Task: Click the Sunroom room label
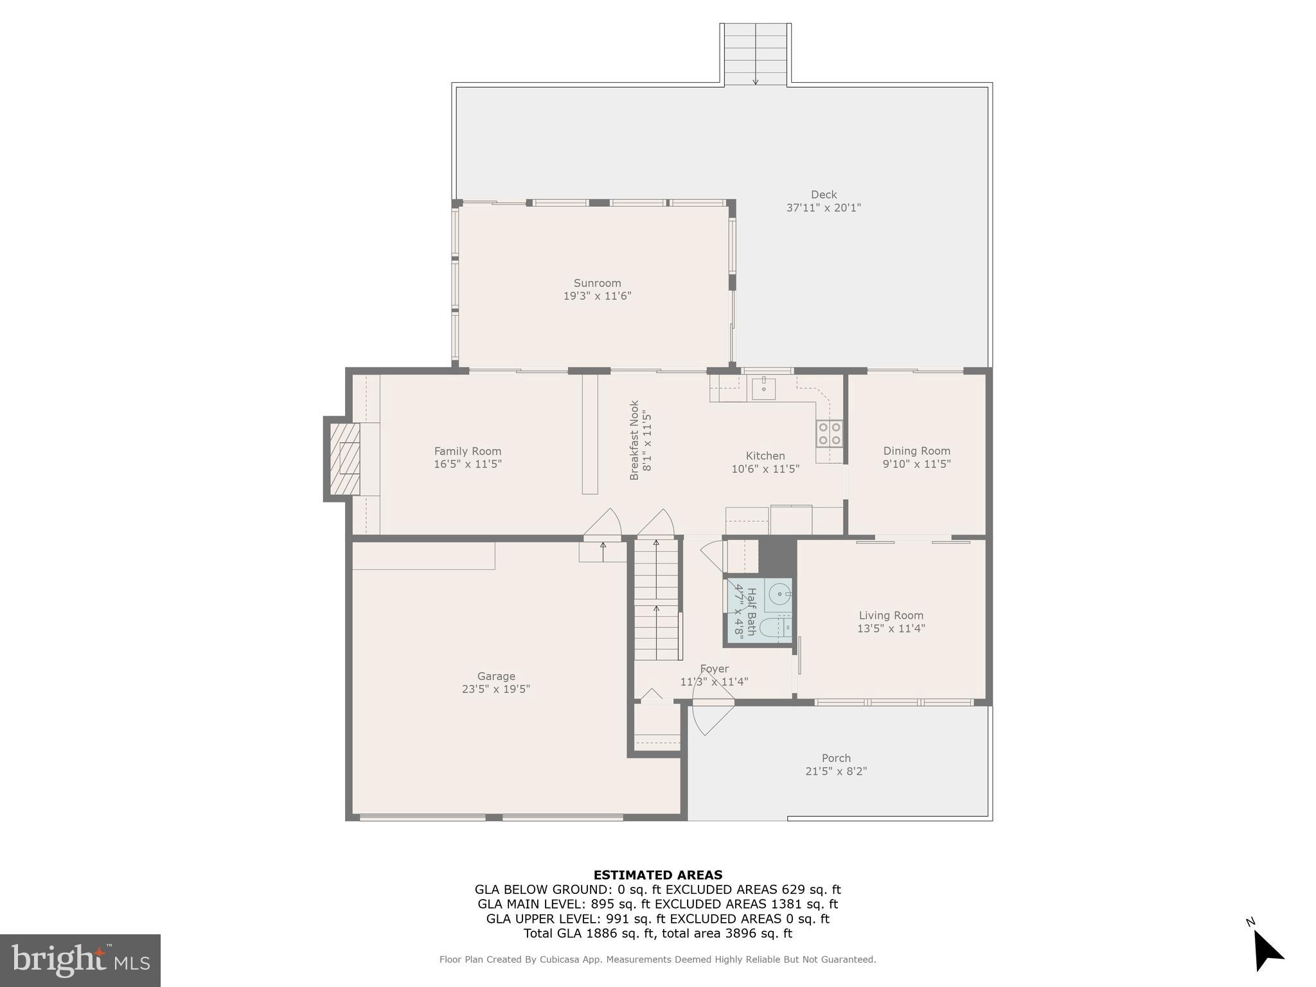(x=597, y=283)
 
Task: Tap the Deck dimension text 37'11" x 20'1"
(x=823, y=208)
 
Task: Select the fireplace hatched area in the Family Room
(x=346, y=457)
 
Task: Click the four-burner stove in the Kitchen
(x=829, y=433)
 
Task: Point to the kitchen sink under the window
(x=763, y=388)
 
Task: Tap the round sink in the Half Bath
(x=779, y=594)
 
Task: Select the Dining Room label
(x=916, y=451)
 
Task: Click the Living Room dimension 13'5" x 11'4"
(x=891, y=628)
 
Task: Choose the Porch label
(x=836, y=758)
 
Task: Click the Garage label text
(x=496, y=676)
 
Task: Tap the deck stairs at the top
(x=756, y=54)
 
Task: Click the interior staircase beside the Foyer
(x=656, y=600)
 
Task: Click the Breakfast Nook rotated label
(x=634, y=440)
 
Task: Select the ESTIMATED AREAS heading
(x=657, y=875)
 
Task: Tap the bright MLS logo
(x=80, y=960)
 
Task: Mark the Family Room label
(x=467, y=451)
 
